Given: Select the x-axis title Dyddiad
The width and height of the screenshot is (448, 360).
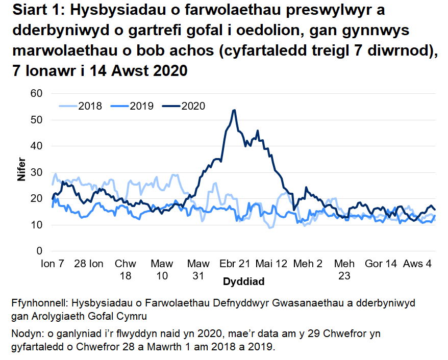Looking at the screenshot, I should pos(243,281).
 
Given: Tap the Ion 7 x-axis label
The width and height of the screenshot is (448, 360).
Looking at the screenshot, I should pos(53,264).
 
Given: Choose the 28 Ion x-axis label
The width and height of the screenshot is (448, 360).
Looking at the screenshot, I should pos(89,264).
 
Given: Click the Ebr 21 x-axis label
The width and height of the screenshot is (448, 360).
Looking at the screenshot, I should pos(235,264).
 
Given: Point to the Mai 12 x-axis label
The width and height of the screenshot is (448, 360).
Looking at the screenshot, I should pos(271,264).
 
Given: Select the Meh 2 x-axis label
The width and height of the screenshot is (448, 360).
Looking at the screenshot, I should pos(308,264).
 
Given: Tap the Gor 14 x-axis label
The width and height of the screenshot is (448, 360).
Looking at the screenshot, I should pos(381,264).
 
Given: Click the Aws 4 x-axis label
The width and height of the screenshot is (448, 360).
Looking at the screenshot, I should pos(417,264).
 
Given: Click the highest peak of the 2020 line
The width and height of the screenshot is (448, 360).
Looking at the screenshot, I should pos(234,110).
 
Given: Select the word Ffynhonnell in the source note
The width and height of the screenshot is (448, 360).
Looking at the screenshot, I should pos(39,303).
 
